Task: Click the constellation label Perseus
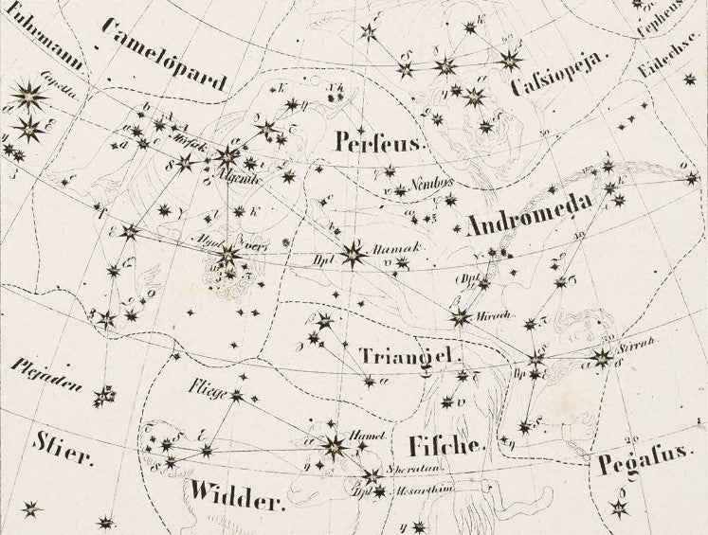[x=377, y=142]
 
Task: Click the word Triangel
[x=409, y=356]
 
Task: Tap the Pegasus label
[x=645, y=464]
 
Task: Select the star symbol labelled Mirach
[x=461, y=317]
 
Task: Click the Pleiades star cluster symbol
[x=104, y=393]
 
